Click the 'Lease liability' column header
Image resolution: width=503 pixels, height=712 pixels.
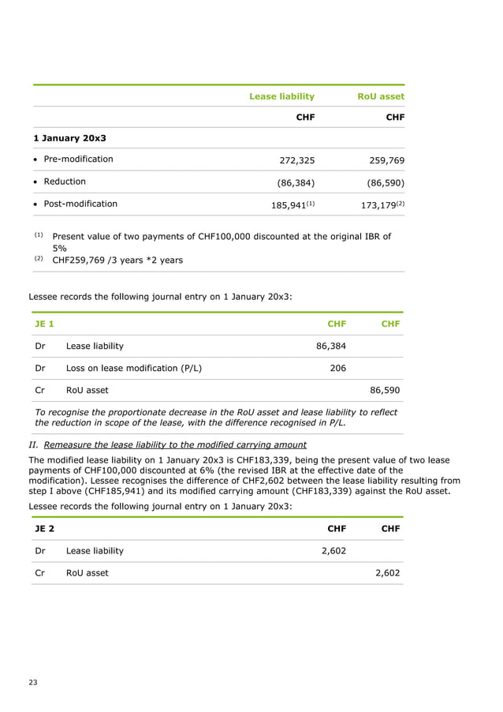click(281, 96)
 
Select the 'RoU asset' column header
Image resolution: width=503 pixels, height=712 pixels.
click(381, 96)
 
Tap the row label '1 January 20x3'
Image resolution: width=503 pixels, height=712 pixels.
click(69, 138)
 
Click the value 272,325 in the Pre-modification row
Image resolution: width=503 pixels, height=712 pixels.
click(297, 160)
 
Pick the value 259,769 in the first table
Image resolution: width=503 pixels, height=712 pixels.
click(386, 160)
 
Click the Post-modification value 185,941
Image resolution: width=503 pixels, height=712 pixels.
click(289, 204)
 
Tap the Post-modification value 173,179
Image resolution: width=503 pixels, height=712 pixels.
click(379, 204)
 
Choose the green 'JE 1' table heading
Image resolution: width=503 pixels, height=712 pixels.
click(44, 324)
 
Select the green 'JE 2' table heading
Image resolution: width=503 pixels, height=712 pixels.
click(44, 529)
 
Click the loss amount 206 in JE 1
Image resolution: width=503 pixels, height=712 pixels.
click(337, 368)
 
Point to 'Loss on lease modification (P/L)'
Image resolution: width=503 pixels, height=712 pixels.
click(133, 368)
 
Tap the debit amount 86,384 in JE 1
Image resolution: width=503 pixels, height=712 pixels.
click(330, 346)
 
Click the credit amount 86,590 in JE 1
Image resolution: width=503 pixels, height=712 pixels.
click(386, 390)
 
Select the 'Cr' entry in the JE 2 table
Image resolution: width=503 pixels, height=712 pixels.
click(39, 573)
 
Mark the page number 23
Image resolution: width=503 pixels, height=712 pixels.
click(32, 682)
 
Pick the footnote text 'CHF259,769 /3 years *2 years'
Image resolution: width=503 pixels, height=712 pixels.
click(117, 260)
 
